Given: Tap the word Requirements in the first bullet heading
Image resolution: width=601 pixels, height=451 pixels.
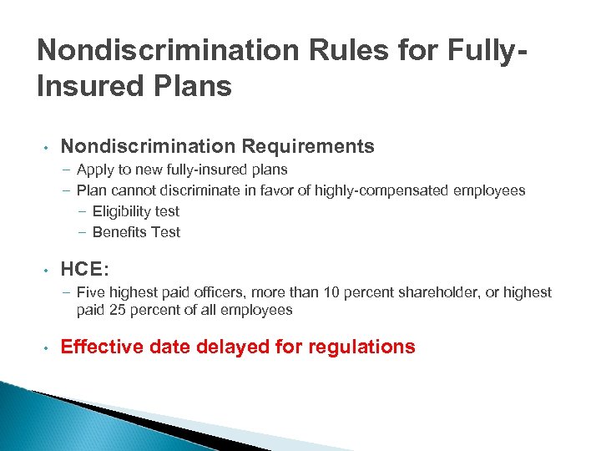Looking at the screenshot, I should pos(308,147).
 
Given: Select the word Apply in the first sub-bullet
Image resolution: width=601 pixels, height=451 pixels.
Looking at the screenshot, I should pos(93,170).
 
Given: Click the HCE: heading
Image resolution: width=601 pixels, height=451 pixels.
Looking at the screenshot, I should pos(84,270).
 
